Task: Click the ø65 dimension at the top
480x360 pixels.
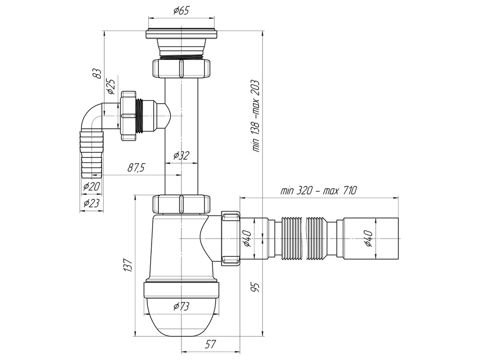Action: point(180,12)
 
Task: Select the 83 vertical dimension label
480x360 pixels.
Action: point(97,73)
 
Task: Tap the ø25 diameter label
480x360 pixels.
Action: point(110,85)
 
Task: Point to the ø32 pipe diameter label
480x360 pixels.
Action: point(181,155)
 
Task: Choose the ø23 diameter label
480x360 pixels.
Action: point(91,203)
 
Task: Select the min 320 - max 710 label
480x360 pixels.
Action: point(318,191)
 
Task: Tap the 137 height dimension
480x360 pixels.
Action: point(127,265)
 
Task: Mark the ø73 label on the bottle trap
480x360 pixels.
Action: point(181,306)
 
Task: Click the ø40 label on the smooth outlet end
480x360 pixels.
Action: point(369,238)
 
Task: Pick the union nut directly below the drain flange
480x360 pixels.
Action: point(181,68)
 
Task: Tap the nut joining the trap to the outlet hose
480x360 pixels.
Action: point(230,238)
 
